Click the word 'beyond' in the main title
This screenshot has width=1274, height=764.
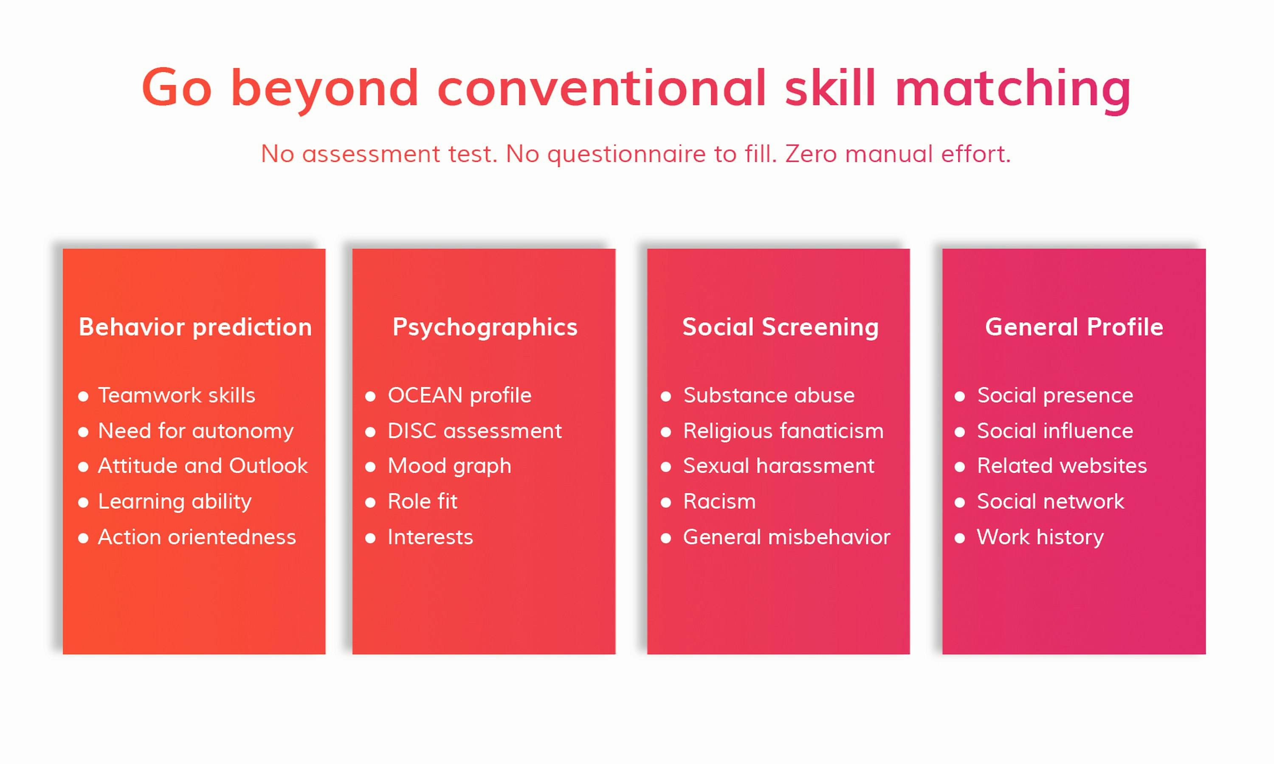(324, 89)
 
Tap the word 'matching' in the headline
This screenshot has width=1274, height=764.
(1013, 89)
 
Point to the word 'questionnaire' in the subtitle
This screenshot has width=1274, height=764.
(626, 154)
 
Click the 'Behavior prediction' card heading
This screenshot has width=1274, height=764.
(195, 327)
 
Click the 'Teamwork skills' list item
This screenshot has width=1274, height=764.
(177, 396)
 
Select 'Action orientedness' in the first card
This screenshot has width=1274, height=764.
(197, 537)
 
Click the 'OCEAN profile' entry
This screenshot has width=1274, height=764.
(459, 396)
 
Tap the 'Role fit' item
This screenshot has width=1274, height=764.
(422, 501)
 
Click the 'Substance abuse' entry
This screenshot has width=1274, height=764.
(769, 396)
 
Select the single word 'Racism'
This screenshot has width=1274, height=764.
(719, 501)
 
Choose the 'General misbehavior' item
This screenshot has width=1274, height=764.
(786, 537)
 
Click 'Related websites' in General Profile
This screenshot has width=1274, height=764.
(1062, 466)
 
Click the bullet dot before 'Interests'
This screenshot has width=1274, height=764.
(370, 539)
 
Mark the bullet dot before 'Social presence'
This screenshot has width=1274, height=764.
(959, 396)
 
